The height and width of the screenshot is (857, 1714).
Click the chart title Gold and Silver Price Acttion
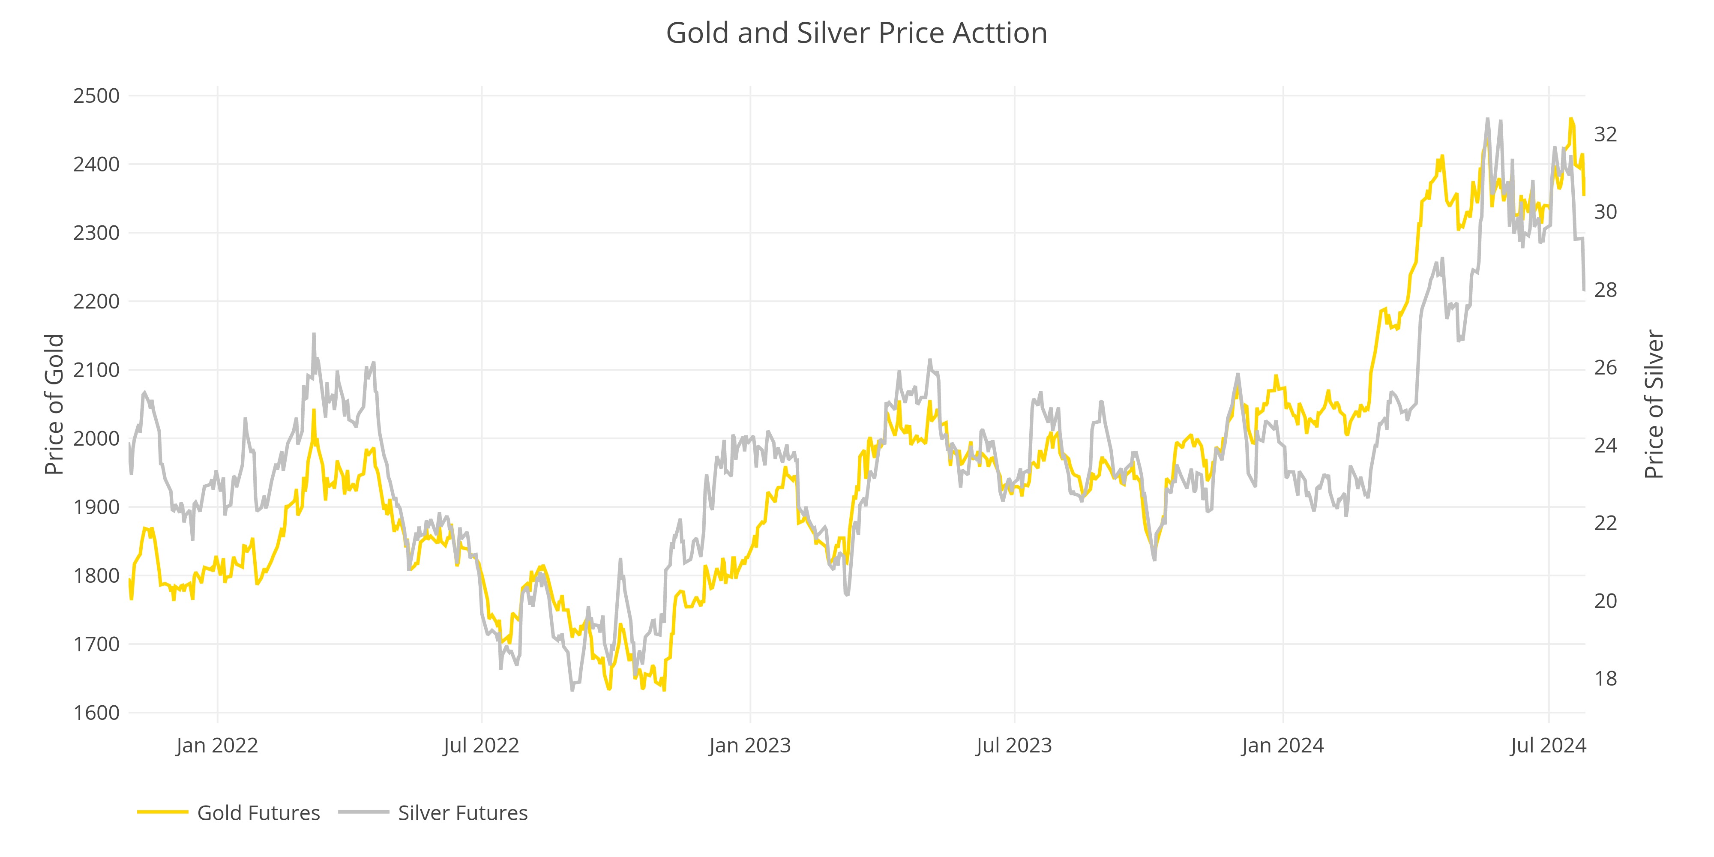click(x=856, y=33)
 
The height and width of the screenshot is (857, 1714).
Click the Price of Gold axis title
click(x=54, y=405)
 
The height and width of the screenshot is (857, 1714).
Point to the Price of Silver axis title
click(x=1654, y=405)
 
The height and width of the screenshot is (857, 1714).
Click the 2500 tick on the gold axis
click(x=96, y=96)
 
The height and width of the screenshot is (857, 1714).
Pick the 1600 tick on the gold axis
click(x=96, y=713)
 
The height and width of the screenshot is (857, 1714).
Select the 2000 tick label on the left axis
click(x=96, y=438)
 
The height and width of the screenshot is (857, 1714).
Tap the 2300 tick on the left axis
click(x=96, y=233)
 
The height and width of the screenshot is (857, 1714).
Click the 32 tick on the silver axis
click(x=1606, y=135)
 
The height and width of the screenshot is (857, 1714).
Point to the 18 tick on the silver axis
click(x=1606, y=679)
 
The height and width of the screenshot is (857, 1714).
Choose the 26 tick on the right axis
click(x=1606, y=368)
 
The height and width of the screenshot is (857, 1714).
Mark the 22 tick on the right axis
click(x=1606, y=523)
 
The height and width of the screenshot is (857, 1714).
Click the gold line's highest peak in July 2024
click(x=1571, y=119)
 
